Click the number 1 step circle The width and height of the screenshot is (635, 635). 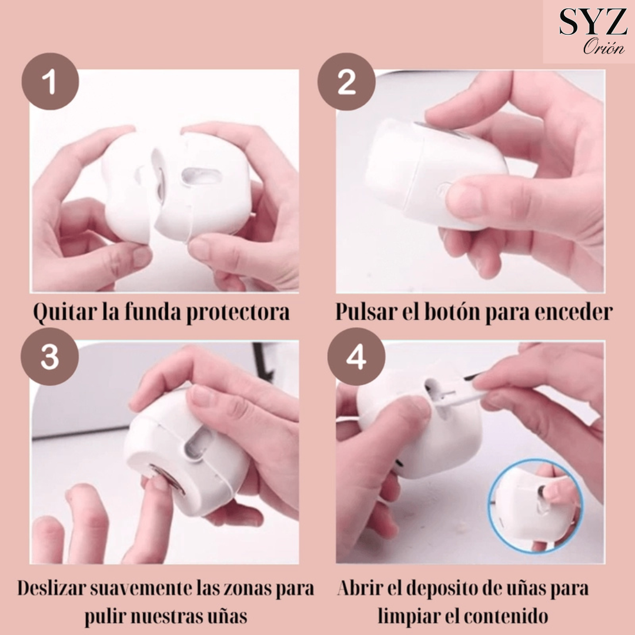[50, 81]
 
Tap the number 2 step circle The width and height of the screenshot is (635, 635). [346, 81]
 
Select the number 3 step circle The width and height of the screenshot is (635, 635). [50, 356]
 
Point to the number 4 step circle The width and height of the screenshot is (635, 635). [356, 356]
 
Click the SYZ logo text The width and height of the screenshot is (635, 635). [593, 22]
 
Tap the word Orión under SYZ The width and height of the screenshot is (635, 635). [604, 48]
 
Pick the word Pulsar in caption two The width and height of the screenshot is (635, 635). [366, 312]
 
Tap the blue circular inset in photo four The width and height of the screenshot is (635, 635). [534, 506]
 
